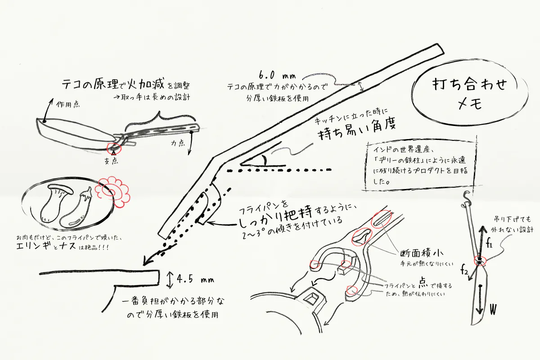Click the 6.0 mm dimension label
pos(277,75)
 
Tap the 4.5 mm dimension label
pos(195,279)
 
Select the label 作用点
pos(68,104)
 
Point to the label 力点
pos(178,143)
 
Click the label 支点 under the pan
pos(111,161)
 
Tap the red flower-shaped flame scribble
pos(112,192)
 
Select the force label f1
pos(489,244)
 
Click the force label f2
pos(464,270)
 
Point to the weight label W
pos(493,309)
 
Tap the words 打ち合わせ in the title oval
pos(469,84)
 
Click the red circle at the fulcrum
pos(113,148)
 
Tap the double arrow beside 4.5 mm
pos(170,280)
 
